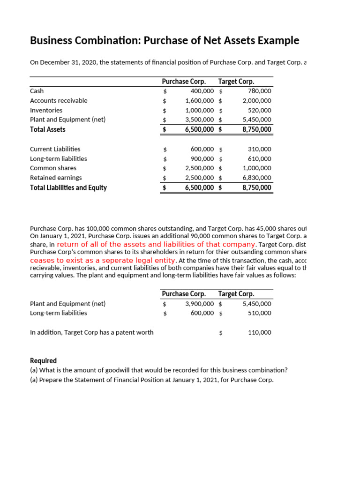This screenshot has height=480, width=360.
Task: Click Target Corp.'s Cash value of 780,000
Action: pos(259,91)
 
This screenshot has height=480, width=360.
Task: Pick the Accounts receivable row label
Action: pos(59,100)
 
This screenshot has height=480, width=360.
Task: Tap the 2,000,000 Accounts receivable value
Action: pos(256,101)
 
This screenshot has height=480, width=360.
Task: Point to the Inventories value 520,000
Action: pos(259,110)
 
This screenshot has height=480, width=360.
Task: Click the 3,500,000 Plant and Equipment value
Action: pos(199,120)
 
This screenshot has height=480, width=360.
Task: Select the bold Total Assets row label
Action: pos(48,129)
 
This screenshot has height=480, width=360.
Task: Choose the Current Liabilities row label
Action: pos(55,149)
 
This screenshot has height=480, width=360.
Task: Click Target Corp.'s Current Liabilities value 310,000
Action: pos(259,149)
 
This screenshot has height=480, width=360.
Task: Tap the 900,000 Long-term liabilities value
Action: pos(202,159)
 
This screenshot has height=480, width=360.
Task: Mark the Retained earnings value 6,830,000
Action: pos(256,178)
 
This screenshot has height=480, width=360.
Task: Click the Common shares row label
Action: pos(53,168)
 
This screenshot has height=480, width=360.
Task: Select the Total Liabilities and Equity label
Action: pos(68,187)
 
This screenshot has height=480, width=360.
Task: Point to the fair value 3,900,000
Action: pos(199,304)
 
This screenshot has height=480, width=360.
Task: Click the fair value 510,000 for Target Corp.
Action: pos(259,313)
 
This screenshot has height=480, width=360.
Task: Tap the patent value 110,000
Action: pos(259,332)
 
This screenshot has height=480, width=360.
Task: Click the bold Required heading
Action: pos(43,360)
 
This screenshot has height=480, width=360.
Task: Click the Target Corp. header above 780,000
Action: pos(236,82)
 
